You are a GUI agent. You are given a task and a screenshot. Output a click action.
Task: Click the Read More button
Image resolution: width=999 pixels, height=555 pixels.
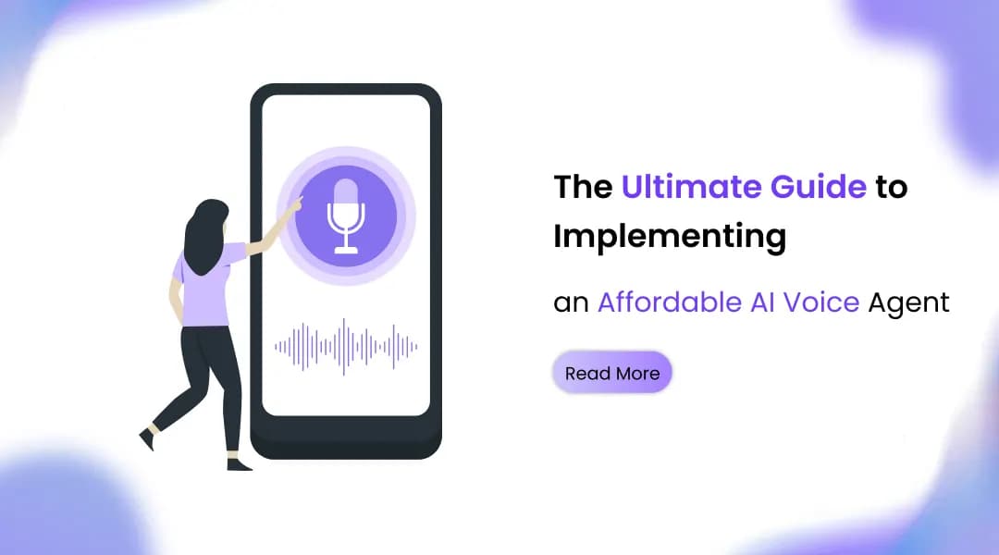click(611, 374)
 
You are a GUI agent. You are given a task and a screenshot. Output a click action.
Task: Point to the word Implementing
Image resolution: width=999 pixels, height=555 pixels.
click(669, 237)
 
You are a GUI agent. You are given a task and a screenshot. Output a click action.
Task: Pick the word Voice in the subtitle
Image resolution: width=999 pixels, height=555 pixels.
click(820, 302)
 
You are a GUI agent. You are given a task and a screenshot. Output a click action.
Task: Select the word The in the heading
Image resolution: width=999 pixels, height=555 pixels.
click(583, 187)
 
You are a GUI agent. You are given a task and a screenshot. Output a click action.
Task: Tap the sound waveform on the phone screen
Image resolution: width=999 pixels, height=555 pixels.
click(345, 347)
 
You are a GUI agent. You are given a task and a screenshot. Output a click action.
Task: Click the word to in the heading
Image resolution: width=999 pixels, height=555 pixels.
click(892, 187)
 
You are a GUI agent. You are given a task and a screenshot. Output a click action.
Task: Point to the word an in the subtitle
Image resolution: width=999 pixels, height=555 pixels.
click(571, 302)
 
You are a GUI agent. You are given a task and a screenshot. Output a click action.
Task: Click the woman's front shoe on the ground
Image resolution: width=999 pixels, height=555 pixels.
click(239, 463)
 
